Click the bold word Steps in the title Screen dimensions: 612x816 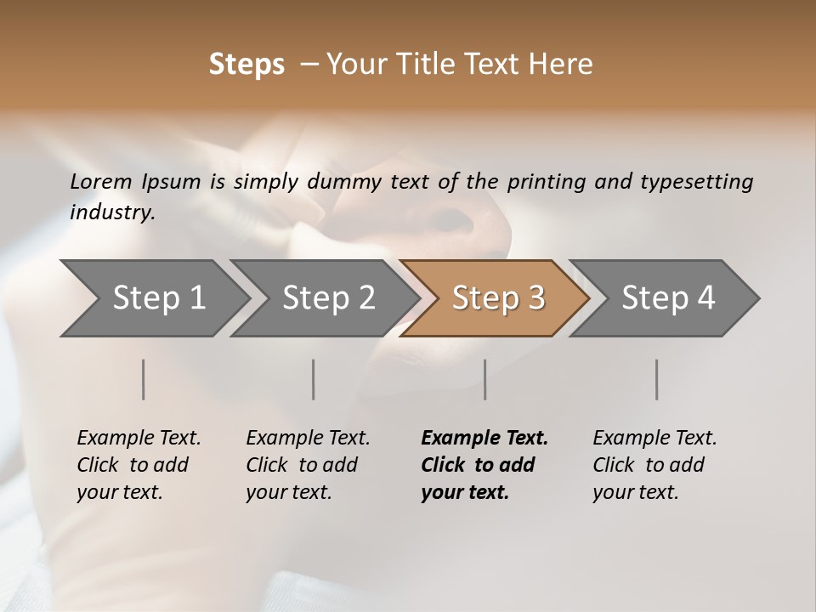[246, 65]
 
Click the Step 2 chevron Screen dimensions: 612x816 [328, 297]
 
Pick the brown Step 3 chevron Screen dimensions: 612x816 [498, 297]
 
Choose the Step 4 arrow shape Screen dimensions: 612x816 [668, 297]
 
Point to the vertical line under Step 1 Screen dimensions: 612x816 [144, 379]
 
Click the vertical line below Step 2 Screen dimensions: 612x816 [314, 379]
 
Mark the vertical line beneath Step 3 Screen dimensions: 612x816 [484, 379]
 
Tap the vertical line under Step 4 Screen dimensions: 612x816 [656, 379]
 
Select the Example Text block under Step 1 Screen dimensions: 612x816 [139, 465]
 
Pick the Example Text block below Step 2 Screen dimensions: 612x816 [308, 465]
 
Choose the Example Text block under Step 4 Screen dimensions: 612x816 [654, 465]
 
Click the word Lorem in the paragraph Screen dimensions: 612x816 [101, 181]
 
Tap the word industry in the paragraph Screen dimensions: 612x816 [112, 212]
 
